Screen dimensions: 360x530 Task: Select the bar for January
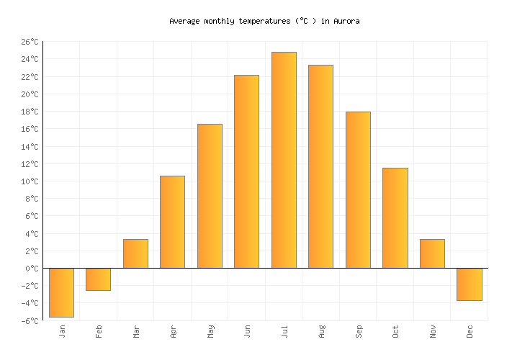[61, 292]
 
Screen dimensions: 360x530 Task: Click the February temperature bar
[98, 279]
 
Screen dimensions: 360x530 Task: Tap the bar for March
[135, 253]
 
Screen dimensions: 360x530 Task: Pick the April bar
[172, 222]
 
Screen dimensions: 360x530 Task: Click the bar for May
[210, 196]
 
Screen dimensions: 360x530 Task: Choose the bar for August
[320, 166]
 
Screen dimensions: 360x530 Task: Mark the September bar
[358, 190]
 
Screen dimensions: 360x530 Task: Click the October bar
[395, 217]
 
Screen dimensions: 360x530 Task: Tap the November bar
[432, 253]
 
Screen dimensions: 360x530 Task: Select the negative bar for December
[469, 284]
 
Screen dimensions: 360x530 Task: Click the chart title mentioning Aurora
[264, 22]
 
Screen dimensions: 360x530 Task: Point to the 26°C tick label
[29, 42]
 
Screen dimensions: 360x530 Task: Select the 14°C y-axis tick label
[29, 147]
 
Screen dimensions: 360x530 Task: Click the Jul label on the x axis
[284, 331]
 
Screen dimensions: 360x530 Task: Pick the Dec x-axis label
[470, 331]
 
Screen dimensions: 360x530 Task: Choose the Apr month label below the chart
[173, 331]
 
